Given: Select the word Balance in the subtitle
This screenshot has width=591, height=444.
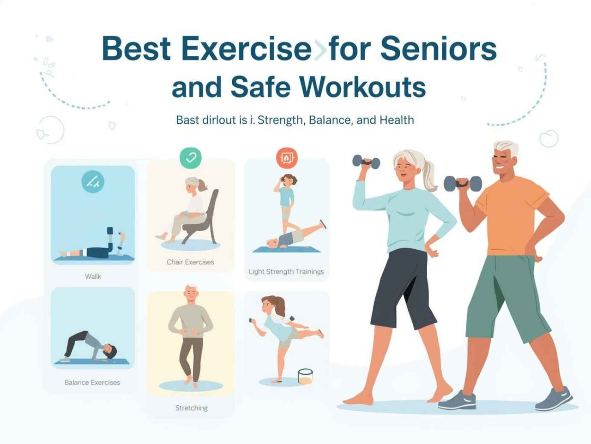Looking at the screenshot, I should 330,120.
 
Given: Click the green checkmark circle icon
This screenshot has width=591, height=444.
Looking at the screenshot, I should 190,158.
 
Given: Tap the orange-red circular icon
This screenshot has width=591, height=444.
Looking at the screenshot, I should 287,158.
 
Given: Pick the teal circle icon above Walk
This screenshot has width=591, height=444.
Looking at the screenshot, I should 93,181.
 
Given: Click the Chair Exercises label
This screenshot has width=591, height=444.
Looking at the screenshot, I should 190,262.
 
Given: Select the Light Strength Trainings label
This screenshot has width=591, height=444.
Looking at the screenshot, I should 286,271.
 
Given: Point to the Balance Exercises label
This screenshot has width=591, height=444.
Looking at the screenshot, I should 92,382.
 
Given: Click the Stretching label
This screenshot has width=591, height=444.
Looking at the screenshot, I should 191,408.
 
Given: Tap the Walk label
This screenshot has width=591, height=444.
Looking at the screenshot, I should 93,276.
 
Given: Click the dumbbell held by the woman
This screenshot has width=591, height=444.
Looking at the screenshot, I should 366,162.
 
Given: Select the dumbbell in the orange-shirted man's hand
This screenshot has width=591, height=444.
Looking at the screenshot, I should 463,183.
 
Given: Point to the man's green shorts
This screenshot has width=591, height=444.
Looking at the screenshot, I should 506,295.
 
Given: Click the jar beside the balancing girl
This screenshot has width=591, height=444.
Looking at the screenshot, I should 305,376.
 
